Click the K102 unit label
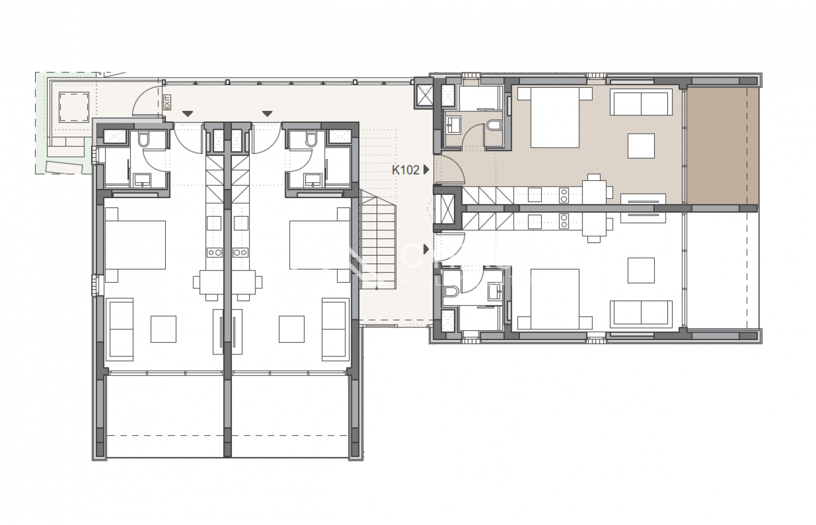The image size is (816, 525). click(406, 170)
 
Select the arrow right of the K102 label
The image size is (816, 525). click(426, 170)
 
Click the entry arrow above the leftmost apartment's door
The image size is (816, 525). click(188, 114)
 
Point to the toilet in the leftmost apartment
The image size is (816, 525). click(144, 140)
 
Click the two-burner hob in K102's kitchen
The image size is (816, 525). click(564, 195)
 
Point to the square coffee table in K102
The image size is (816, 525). click(641, 146)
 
